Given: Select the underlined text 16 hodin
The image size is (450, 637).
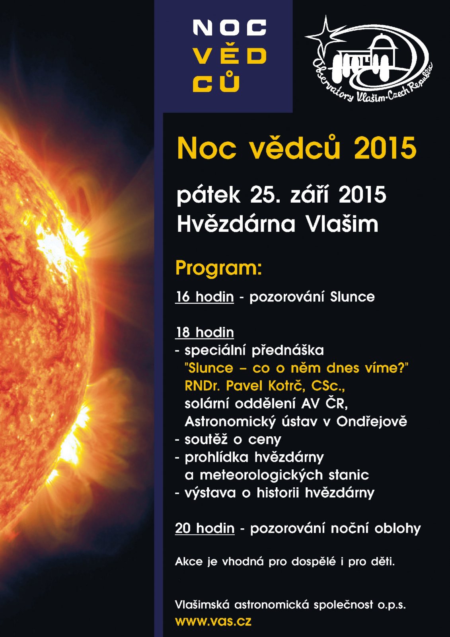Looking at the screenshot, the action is pyautogui.click(x=205, y=297).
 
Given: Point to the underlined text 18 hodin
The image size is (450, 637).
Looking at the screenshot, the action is pyautogui.click(x=205, y=332).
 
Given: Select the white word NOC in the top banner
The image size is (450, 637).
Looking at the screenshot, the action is pyautogui.click(x=230, y=27).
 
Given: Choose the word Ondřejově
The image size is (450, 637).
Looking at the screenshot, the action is pyautogui.click(x=372, y=422).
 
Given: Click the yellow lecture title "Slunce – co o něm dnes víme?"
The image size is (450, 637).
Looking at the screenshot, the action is pyautogui.click(x=296, y=368).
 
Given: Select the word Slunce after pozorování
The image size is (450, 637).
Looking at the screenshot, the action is pyautogui.click(x=353, y=297).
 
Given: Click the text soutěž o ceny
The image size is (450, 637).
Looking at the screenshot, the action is pyautogui.click(x=233, y=440).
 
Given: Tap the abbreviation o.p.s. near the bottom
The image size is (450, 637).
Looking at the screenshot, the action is pyautogui.click(x=392, y=605).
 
